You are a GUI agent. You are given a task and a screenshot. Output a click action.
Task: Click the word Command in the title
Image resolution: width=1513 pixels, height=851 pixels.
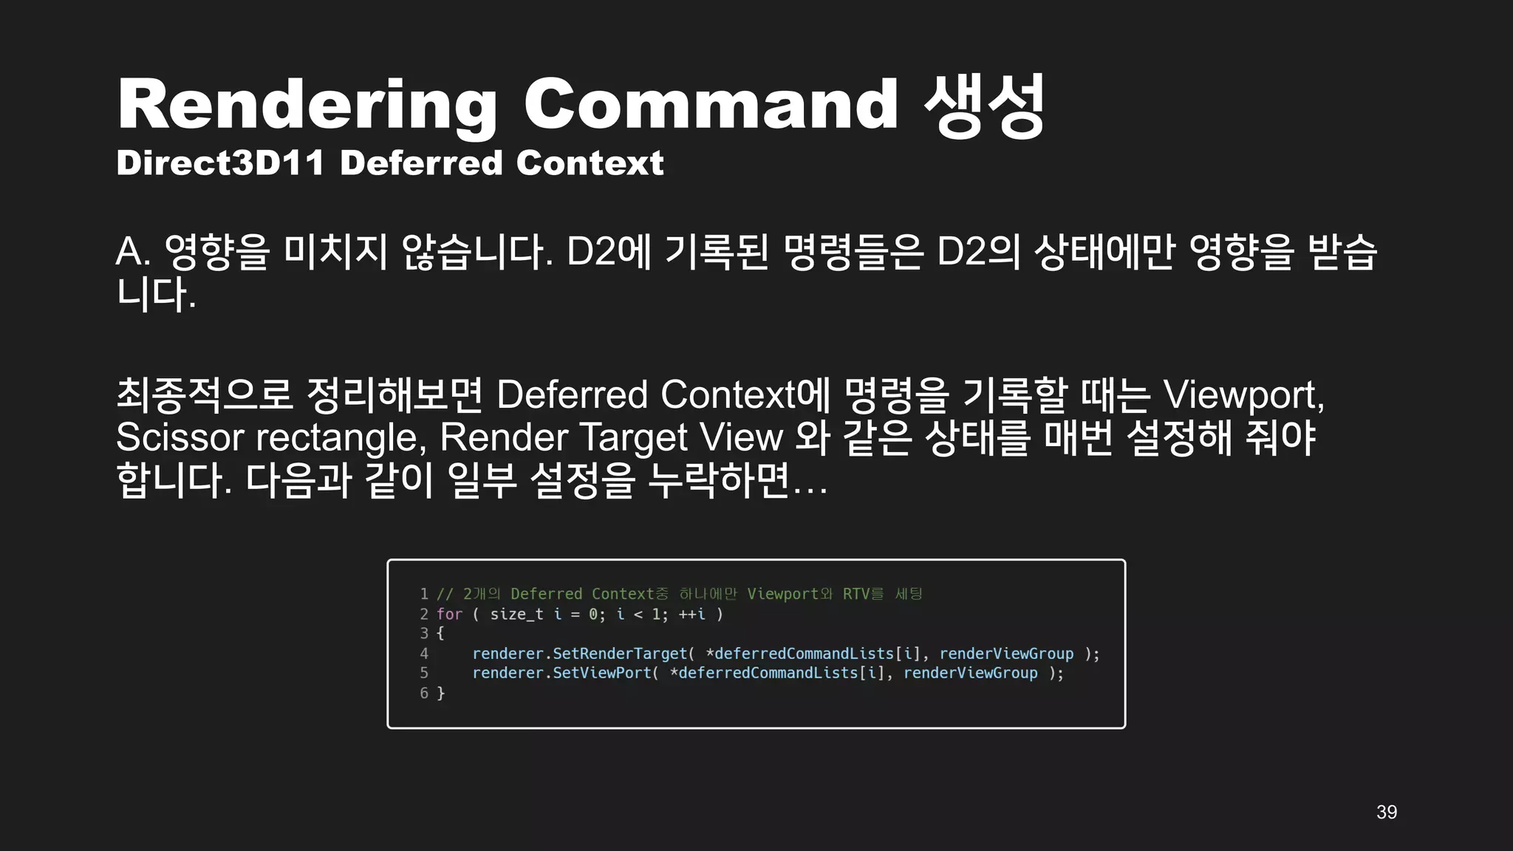click(711, 105)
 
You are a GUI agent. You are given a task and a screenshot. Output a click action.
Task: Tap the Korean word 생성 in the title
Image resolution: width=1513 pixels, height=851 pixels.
click(984, 105)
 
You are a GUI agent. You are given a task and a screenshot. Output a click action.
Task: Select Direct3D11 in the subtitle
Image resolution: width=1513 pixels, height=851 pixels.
click(220, 163)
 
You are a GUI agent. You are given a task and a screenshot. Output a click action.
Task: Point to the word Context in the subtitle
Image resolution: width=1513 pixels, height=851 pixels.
click(590, 163)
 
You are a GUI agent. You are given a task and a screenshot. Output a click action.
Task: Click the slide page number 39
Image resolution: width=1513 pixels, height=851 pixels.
click(1387, 813)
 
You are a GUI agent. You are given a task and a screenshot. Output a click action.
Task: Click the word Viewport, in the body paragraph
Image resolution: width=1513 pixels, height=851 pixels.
click(1243, 395)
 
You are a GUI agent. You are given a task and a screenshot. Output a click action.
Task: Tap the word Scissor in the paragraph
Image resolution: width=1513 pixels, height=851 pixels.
click(180, 437)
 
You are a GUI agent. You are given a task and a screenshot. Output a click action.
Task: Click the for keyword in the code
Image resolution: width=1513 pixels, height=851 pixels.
click(449, 615)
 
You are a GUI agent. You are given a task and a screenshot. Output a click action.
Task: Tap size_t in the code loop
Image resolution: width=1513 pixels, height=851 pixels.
click(516, 615)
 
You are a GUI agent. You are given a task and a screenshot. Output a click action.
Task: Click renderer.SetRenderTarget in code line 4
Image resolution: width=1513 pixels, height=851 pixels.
click(580, 654)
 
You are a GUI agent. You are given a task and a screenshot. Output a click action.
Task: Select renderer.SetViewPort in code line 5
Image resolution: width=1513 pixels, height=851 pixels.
click(561, 673)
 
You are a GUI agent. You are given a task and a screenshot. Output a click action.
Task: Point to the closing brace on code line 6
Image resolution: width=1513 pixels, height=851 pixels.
click(441, 694)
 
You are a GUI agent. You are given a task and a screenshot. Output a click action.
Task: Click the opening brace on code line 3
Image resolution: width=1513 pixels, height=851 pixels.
click(440, 634)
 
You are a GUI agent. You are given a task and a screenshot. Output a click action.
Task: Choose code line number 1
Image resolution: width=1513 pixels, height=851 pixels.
click(424, 594)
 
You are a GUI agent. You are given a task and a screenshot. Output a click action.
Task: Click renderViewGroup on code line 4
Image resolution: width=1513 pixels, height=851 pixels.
click(1006, 654)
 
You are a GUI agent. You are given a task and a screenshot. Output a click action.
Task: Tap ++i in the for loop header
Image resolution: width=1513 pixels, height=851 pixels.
click(691, 615)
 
